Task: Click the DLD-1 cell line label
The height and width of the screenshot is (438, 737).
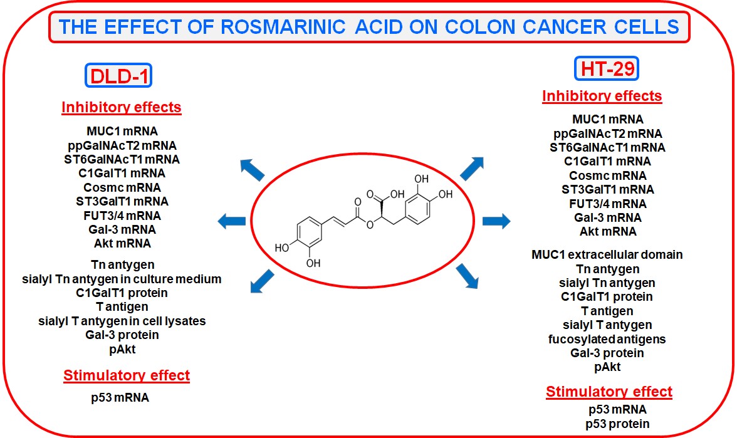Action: pyautogui.click(x=119, y=76)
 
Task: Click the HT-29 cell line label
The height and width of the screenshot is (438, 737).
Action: pyautogui.click(x=606, y=68)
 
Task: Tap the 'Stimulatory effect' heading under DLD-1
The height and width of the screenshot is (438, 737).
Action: pyautogui.click(x=126, y=376)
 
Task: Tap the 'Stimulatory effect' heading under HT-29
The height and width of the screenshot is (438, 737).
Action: pyautogui.click(x=609, y=392)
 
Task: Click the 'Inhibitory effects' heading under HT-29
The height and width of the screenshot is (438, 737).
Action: pyautogui.click(x=602, y=96)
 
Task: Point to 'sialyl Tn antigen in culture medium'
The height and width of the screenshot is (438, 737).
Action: pyautogui.click(x=122, y=279)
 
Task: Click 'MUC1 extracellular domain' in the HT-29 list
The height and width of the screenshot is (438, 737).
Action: pyautogui.click(x=607, y=255)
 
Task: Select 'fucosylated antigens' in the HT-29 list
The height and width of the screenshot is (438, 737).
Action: pyautogui.click(x=607, y=339)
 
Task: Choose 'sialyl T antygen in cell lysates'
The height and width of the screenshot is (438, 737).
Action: pyautogui.click(x=122, y=321)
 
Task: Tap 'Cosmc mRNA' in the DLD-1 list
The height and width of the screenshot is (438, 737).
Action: pyautogui.click(x=122, y=187)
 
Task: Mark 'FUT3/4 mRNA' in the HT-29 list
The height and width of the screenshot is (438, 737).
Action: pyautogui.click(x=607, y=204)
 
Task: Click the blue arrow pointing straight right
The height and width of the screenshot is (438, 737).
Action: pyautogui.click(x=496, y=221)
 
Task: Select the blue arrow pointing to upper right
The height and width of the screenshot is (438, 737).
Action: pyautogui.click(x=472, y=168)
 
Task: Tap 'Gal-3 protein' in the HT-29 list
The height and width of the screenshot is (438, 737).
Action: pyautogui.click(x=607, y=353)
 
